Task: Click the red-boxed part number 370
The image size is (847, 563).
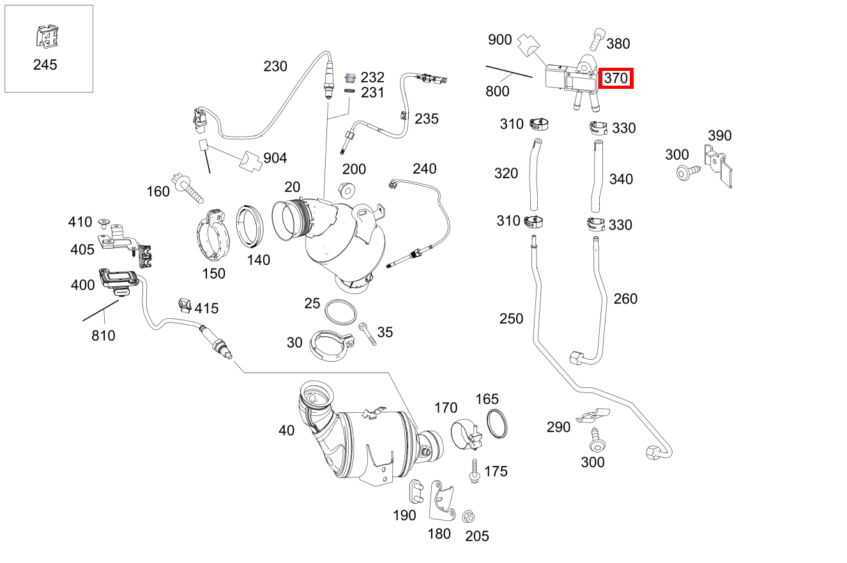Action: point(616,78)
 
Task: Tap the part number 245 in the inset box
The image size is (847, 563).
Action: point(45,65)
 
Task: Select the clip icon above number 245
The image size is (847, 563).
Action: point(44,37)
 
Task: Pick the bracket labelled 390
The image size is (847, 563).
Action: point(719,166)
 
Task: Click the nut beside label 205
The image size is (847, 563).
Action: point(466,516)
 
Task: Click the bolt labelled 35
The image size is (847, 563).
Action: point(368,334)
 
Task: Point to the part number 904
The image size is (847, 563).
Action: point(275,158)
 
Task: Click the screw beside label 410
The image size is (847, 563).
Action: point(104,222)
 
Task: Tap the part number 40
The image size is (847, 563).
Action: point(287,431)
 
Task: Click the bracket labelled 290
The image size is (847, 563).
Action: point(592,416)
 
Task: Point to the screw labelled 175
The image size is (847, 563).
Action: point(475,470)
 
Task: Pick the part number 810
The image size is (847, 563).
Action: point(103,335)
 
